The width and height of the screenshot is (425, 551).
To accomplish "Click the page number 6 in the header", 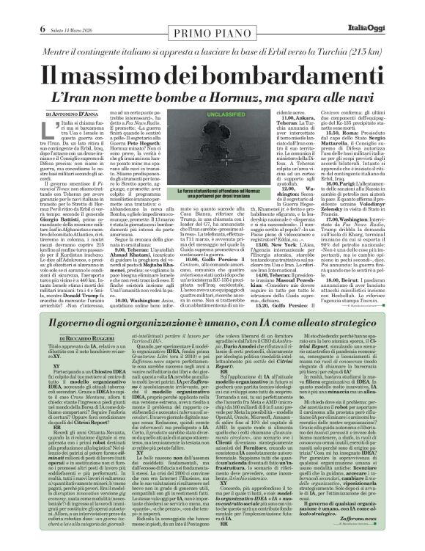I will coord(13,8).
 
